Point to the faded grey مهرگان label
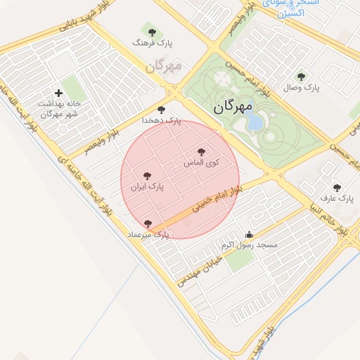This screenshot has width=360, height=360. click(165, 66)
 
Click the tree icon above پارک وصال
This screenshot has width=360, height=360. click(302, 77)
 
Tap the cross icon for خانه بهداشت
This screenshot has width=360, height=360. click(58, 93)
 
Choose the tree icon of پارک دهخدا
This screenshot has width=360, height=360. click(162, 110)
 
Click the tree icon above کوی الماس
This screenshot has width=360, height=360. click(202, 151)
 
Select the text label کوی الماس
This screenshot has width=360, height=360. click(202, 162)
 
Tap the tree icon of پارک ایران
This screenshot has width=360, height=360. click(147, 176)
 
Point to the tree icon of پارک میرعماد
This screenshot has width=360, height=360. click(148, 224)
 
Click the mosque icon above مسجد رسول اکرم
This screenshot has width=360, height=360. click(249, 235)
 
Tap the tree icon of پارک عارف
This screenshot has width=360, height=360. click(337, 188)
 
